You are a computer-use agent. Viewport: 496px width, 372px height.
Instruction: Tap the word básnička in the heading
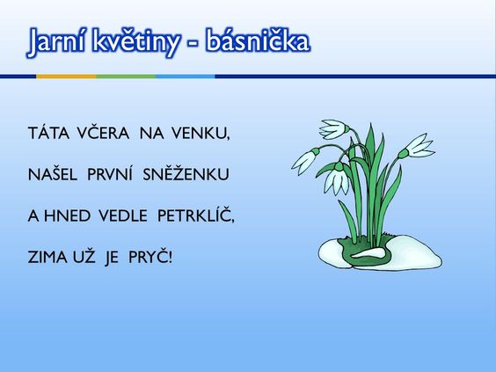(x=258, y=41)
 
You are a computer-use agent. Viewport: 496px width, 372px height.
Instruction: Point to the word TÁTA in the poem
(x=48, y=133)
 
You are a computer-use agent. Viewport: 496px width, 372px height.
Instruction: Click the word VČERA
(x=103, y=133)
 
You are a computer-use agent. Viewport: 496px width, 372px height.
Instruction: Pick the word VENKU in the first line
(x=201, y=133)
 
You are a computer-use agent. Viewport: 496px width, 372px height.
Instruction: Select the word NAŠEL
(x=53, y=174)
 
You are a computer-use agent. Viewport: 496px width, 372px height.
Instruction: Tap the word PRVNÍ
(x=110, y=174)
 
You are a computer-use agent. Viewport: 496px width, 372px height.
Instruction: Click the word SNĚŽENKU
(x=186, y=174)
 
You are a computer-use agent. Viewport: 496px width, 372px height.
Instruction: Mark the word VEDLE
(x=123, y=215)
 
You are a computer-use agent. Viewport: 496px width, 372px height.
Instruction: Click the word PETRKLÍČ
(x=195, y=215)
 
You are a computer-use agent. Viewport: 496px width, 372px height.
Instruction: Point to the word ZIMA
(x=47, y=257)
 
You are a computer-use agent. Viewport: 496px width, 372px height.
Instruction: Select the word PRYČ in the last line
(x=150, y=257)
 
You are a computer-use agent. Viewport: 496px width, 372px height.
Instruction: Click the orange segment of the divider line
(x=66, y=77)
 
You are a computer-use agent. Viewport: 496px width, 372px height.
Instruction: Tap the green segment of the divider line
(x=126, y=77)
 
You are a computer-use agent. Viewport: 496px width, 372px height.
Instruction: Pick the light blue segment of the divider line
(x=186, y=77)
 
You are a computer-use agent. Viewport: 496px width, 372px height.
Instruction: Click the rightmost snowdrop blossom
(x=418, y=148)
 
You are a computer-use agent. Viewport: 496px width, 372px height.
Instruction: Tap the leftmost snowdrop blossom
(x=305, y=161)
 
